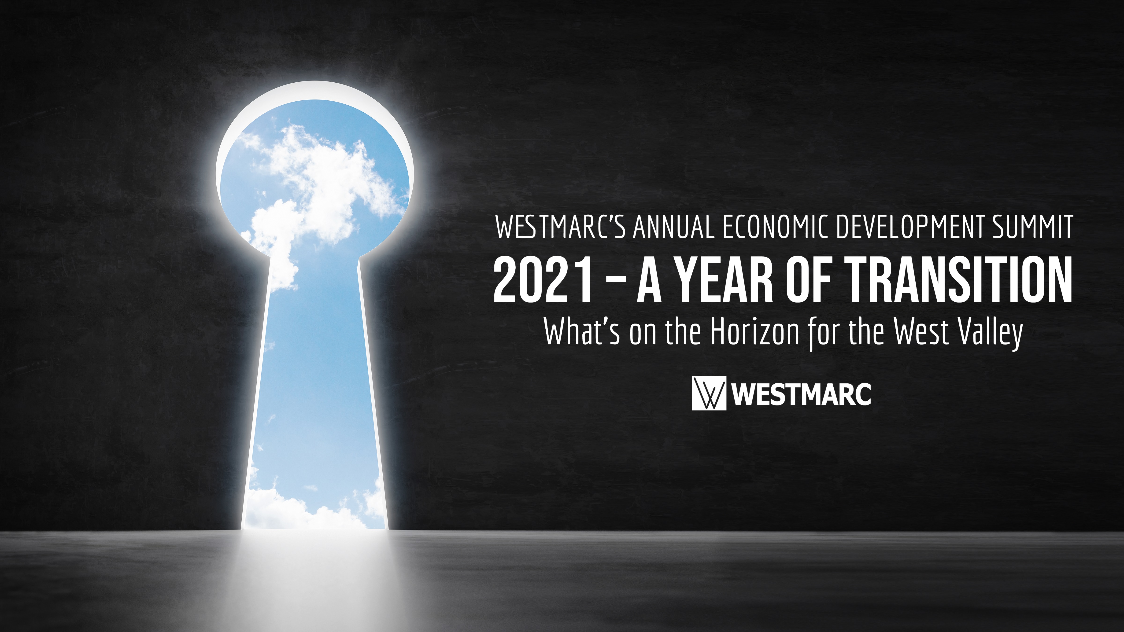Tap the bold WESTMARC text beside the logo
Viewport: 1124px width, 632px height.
click(x=801, y=394)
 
